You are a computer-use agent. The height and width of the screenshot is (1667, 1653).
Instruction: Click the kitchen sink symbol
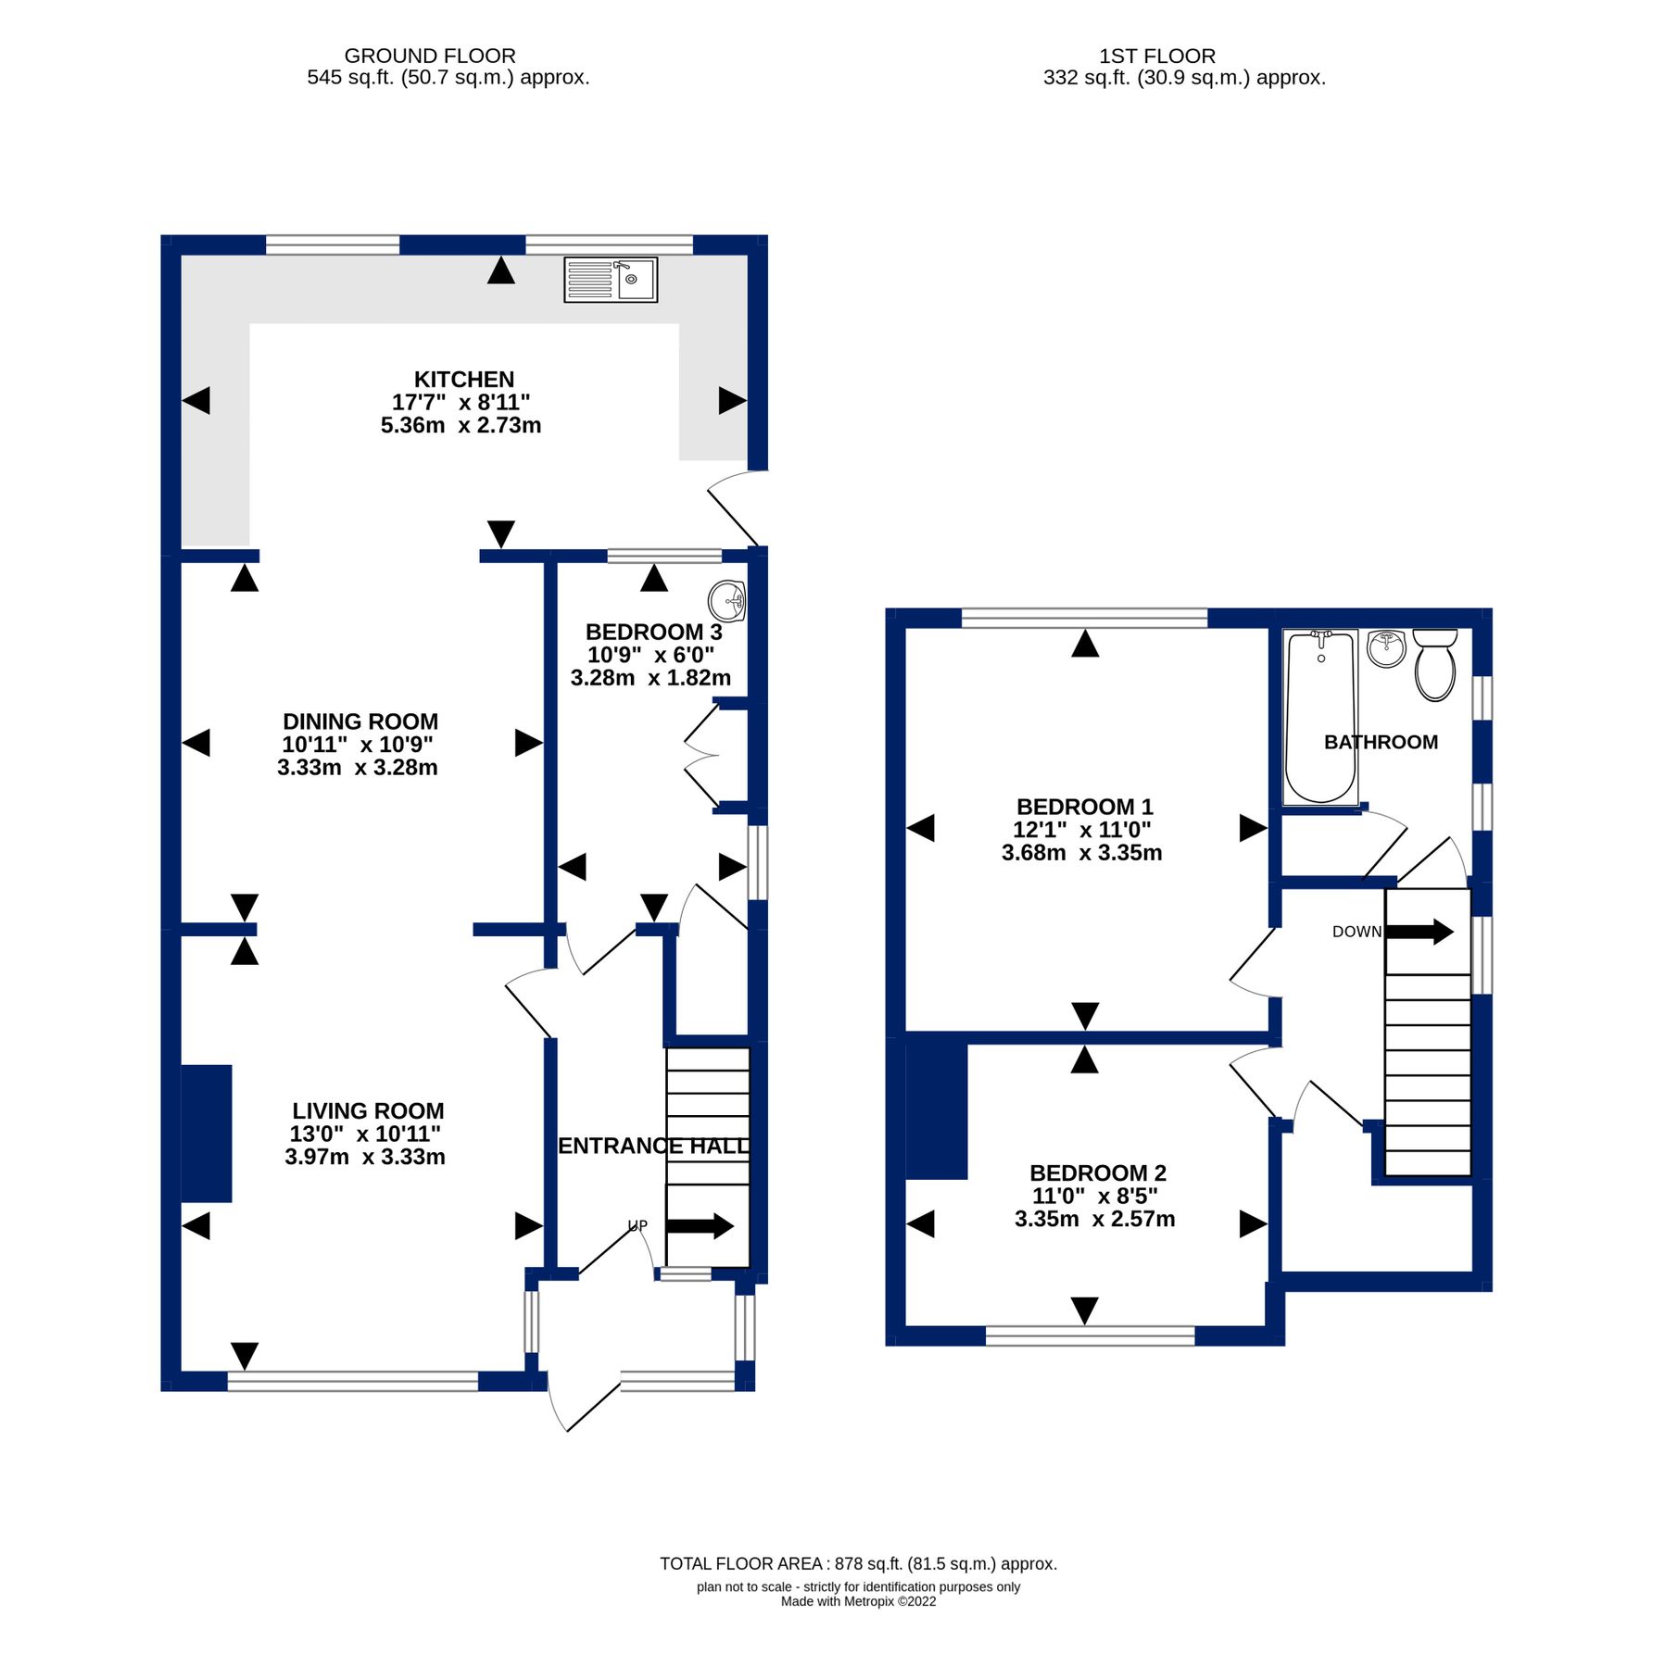[x=611, y=280]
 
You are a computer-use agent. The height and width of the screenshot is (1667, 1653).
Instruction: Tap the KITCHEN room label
[x=464, y=380]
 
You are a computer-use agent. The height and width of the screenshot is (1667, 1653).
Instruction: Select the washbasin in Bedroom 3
[x=727, y=602]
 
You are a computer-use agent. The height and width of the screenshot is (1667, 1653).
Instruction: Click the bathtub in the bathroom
[x=1320, y=717]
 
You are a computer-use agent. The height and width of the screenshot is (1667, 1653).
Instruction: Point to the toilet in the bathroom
[x=1435, y=665]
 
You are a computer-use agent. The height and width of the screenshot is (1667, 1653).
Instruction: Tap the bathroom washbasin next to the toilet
[x=1387, y=648]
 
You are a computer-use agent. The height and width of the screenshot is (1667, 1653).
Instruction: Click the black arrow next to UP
[x=700, y=1227]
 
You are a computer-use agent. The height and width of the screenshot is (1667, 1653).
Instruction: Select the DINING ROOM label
[x=360, y=721]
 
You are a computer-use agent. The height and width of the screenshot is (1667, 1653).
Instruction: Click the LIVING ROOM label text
[x=368, y=1111]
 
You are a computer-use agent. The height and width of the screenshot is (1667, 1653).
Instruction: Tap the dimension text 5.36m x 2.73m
[x=461, y=426]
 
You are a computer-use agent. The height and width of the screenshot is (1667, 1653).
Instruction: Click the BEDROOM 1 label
[x=1085, y=808]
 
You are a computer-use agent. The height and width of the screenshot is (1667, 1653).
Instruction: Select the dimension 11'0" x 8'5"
[x=1095, y=1197]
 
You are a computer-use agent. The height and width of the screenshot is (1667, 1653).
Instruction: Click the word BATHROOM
[x=1382, y=742]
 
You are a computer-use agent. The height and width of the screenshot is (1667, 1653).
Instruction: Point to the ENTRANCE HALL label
[x=654, y=1147]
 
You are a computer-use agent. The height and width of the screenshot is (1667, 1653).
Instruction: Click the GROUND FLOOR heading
[x=430, y=56]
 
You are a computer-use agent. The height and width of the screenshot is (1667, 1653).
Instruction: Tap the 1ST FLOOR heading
[x=1157, y=56]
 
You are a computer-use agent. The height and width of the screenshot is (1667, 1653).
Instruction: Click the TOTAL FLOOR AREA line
[x=858, y=1564]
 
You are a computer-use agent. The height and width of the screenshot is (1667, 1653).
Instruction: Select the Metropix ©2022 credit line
[x=858, y=1601]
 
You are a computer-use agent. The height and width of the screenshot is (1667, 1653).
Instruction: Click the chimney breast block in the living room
[x=206, y=1134]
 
